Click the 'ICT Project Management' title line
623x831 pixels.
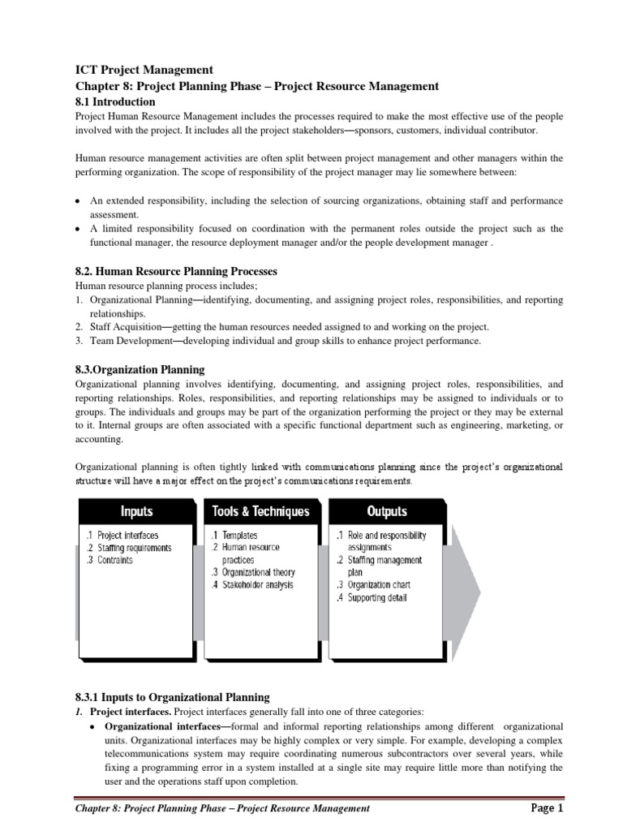[144, 71]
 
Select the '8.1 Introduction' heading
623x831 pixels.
[114, 102]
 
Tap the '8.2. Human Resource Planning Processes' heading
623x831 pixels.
[176, 271]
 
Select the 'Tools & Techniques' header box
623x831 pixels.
[260, 511]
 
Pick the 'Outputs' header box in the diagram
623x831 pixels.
[387, 511]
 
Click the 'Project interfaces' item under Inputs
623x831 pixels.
[122, 536]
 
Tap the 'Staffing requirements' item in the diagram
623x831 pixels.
[128, 548]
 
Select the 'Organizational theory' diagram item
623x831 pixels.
[255, 572]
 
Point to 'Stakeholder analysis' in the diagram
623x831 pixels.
[255, 584]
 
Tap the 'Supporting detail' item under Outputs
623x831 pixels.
[377, 598]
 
